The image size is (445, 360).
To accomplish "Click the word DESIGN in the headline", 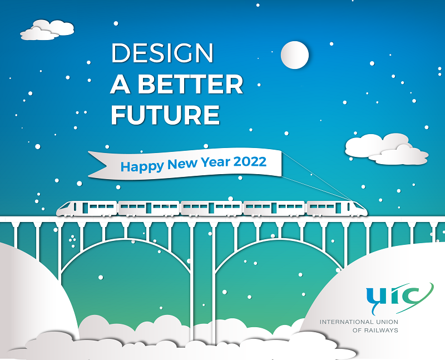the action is tap(162, 53).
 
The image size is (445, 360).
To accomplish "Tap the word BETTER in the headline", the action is tap(190, 84).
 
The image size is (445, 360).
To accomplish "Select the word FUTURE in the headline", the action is tap(165, 115).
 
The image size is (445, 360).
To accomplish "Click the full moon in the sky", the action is tap(295, 55).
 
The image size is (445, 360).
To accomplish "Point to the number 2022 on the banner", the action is tap(250, 161).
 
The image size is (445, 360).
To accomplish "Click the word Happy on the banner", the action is tap(142, 166).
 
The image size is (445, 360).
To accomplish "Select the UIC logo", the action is tap(399, 298).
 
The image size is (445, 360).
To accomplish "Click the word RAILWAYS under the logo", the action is tap(382, 330).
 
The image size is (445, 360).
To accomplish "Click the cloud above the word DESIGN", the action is tap(47, 30).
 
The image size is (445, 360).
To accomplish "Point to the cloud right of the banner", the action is tap(387, 149).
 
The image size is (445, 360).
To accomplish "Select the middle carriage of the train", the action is tap(212, 209).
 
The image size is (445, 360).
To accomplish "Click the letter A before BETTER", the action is tap(120, 84).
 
